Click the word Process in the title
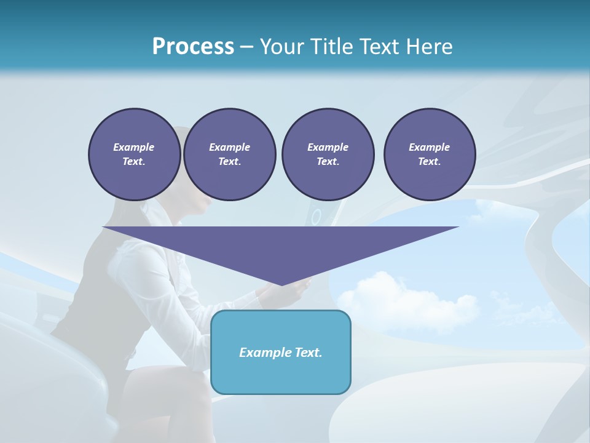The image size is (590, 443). pos(193,47)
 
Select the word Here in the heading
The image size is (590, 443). pos(428,47)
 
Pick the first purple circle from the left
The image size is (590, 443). pos(134,154)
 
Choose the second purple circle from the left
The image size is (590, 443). pos(230,154)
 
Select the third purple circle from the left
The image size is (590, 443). pos(328,154)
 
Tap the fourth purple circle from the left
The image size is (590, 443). pos(430,154)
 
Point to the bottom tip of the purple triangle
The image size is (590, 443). pos(281,285)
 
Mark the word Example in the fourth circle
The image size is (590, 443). pos(430,147)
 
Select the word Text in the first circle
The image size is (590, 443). pos(133,162)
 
